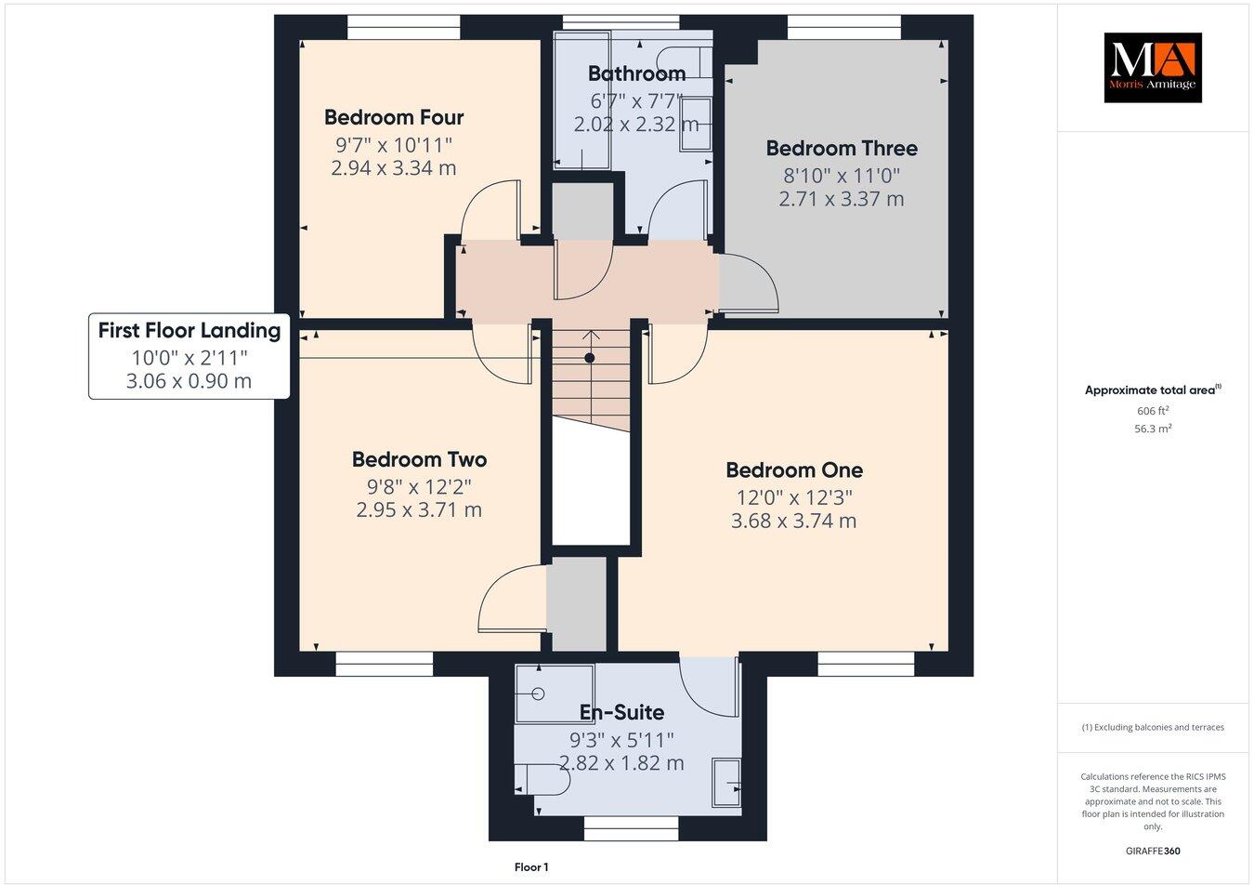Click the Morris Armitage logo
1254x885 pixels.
click(1152, 68)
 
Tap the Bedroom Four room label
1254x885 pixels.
click(394, 117)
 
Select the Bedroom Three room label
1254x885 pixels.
click(842, 148)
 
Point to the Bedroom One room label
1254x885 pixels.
click(794, 469)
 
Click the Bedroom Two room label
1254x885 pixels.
click(419, 459)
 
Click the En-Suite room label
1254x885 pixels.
click(621, 712)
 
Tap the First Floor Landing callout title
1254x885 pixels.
click(189, 330)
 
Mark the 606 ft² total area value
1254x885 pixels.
click(1153, 411)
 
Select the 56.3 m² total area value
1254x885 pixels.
click(1153, 429)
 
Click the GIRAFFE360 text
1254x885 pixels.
click(1153, 851)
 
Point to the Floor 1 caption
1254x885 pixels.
click(531, 867)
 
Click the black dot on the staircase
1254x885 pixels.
click(589, 358)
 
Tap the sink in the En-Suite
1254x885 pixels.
click(725, 781)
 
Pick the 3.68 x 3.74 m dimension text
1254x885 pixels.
click(793, 521)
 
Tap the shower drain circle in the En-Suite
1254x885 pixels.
click(539, 693)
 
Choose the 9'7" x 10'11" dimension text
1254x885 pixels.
click(394, 144)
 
